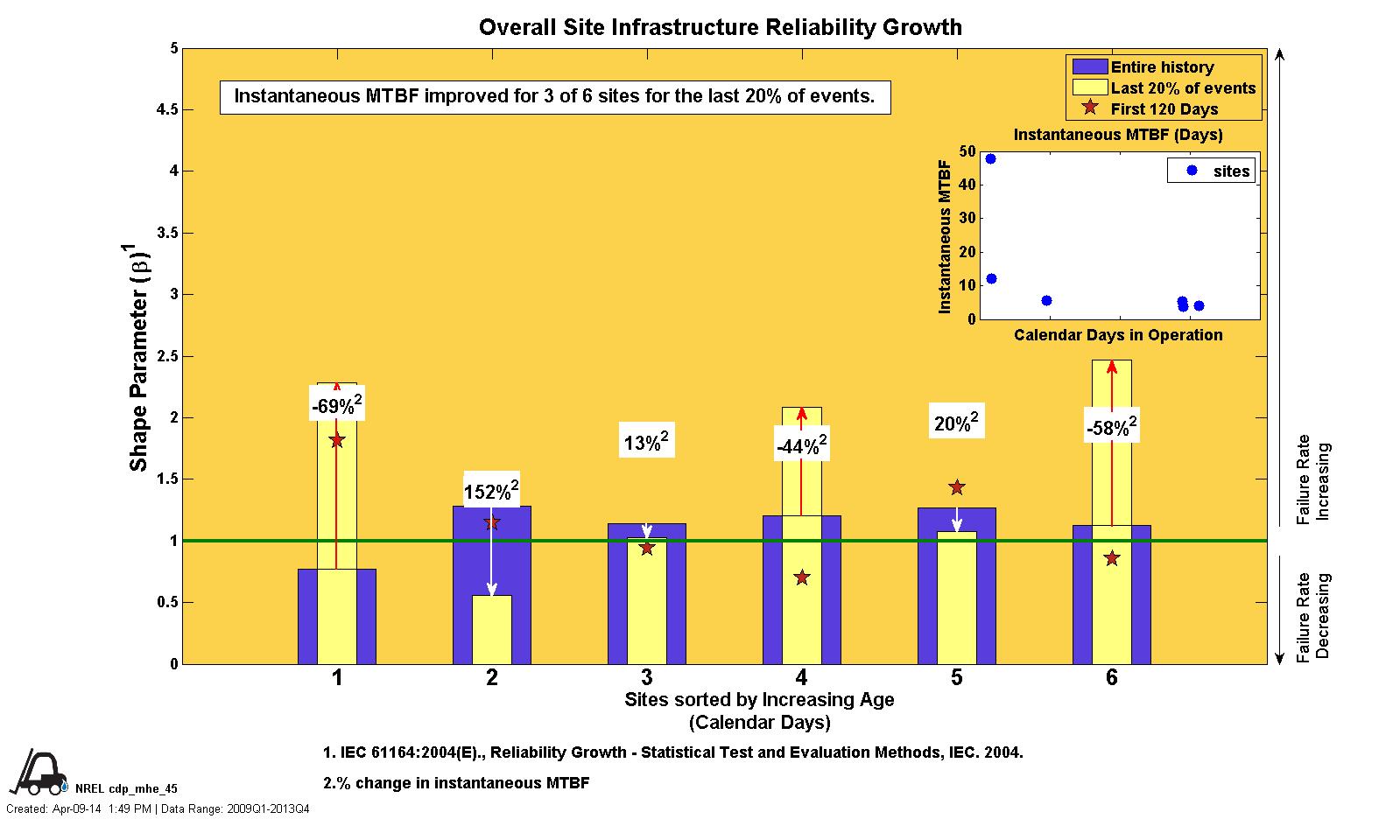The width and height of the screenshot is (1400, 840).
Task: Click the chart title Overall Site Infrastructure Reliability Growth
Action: click(x=720, y=27)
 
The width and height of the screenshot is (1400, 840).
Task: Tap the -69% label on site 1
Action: click(x=337, y=405)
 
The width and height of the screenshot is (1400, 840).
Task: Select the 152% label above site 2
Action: click(x=491, y=491)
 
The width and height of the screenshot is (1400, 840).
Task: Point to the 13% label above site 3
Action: click(x=646, y=442)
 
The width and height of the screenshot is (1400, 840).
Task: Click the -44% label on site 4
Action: click(x=801, y=446)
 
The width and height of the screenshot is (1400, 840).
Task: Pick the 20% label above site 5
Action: click(x=956, y=423)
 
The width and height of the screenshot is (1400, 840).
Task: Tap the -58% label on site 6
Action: click(x=1111, y=428)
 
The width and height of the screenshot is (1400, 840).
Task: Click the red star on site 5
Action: click(x=957, y=487)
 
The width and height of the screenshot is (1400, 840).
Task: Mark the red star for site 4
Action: click(x=802, y=577)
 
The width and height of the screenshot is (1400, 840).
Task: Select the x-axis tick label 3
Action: click(x=646, y=677)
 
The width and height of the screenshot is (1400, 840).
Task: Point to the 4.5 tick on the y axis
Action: click(x=163, y=109)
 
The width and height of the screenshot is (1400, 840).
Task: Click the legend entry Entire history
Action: click(x=1162, y=67)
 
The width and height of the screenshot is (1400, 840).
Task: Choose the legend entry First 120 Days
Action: click(x=1164, y=109)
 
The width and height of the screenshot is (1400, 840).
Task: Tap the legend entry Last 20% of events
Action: click(x=1183, y=88)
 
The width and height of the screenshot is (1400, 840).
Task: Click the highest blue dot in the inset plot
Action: click(x=990, y=159)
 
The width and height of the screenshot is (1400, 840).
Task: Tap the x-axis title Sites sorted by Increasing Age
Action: click(x=759, y=700)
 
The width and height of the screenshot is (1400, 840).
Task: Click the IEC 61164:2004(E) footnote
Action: click(x=672, y=752)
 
